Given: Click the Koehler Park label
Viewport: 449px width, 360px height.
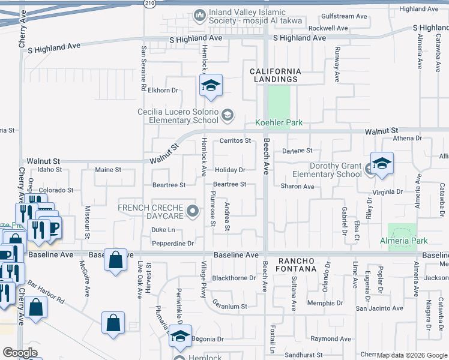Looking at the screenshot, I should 279,122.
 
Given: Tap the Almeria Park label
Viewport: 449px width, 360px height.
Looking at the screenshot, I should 404,241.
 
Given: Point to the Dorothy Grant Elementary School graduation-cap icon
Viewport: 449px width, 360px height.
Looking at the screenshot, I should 381,164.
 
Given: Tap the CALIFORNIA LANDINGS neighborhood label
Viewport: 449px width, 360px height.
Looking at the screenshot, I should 274,75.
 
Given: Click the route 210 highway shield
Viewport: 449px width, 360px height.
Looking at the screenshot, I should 150,3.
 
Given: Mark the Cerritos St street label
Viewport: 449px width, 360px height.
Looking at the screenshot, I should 235,141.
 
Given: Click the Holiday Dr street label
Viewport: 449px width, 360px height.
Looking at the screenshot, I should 231,170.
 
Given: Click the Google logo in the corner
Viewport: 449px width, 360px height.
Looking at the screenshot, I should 20,353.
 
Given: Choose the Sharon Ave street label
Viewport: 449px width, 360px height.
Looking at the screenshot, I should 297,187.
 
